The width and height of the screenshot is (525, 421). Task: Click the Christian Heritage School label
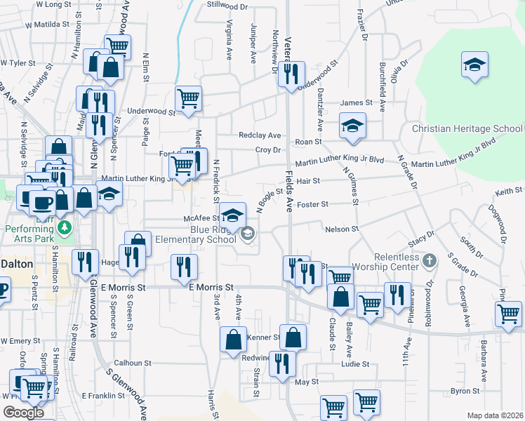pos(467,129)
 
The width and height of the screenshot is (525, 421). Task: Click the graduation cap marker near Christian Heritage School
pos(474,66)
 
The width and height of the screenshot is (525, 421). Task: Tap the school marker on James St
pos(352,125)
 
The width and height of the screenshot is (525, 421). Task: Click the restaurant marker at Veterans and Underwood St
pos(290,74)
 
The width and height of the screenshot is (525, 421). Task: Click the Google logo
pos(23,413)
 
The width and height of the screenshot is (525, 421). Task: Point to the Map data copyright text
pos(495,415)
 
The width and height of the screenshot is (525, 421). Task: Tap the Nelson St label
pos(342,229)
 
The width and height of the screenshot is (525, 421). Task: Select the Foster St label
pos(314,204)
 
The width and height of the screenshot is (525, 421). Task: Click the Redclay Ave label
pos(260,135)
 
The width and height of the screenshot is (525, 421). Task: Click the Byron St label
pos(465,391)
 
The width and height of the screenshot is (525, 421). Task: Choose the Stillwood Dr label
pos(227,6)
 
